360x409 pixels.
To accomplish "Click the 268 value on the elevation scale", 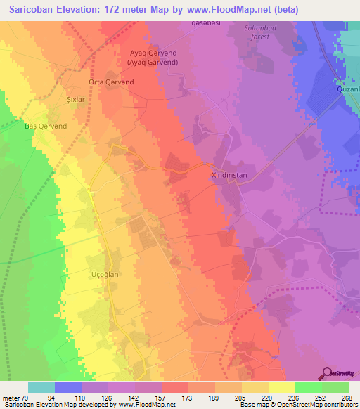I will (x=340, y=397).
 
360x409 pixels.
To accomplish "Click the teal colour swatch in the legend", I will (x=41, y=387).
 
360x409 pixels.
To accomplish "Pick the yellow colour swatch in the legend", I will (x=282, y=387).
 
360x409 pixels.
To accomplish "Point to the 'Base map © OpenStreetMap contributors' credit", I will (x=297, y=405).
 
